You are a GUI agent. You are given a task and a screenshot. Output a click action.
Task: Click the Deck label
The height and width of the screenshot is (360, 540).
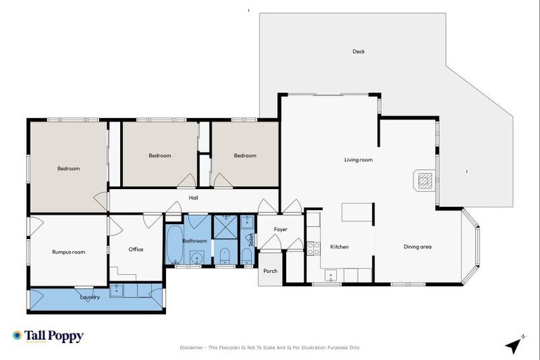pyautogui.click(x=359, y=51)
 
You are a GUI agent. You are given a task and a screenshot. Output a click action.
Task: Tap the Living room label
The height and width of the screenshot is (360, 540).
pyautogui.click(x=358, y=160)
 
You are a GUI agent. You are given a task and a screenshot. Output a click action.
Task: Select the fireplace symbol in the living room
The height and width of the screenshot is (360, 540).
pyautogui.click(x=424, y=181)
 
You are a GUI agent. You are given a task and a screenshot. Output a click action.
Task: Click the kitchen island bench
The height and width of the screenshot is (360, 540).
pyautogui.click(x=357, y=212)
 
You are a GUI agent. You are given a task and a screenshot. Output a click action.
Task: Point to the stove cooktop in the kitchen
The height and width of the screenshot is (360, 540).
pyautogui.click(x=314, y=247)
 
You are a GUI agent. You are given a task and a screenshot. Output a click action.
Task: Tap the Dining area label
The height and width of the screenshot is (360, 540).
pyautogui.click(x=417, y=247)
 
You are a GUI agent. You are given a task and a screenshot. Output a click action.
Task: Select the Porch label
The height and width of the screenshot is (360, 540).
pyautogui.click(x=270, y=271)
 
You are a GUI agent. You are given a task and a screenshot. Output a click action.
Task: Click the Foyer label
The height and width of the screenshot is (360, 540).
pyautogui.click(x=281, y=229)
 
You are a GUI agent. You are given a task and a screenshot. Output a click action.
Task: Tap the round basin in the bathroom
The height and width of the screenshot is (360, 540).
pyautogui.click(x=198, y=257)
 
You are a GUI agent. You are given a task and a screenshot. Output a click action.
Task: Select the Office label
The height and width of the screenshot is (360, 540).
pyautogui.click(x=136, y=250)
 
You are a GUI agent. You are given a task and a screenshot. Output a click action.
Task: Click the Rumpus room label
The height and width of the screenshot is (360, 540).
pyautogui.click(x=68, y=252)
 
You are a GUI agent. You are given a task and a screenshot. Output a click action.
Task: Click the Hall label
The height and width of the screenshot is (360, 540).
pyautogui.click(x=193, y=198)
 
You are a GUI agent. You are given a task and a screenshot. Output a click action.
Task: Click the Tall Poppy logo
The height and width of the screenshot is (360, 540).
pyautogui.click(x=48, y=336)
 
